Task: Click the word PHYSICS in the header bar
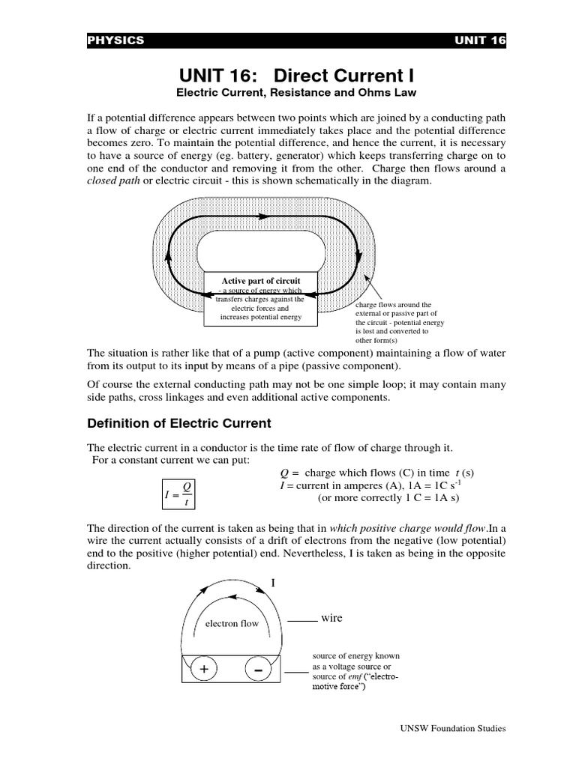tap(116, 40)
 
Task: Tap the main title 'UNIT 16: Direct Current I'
tap(295, 76)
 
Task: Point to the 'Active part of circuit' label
tap(260, 281)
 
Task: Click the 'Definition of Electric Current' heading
tap(179, 423)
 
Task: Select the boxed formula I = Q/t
tap(179, 494)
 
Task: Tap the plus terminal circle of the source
tap(202, 670)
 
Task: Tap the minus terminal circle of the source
tap(258, 670)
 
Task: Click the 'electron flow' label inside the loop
tap(232, 622)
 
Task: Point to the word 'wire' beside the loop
tap(331, 618)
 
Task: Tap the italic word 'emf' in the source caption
tap(357, 676)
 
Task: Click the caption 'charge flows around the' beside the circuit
tap(394, 306)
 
